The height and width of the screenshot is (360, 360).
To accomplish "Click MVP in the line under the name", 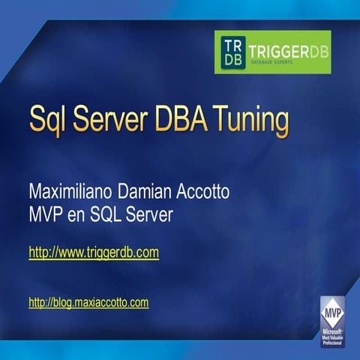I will pyautogui.click(x=45, y=214).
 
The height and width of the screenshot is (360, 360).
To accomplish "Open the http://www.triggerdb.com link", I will pyautogui.click(x=94, y=253).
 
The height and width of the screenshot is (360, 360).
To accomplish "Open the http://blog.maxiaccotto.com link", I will pyautogui.click(x=88, y=303).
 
